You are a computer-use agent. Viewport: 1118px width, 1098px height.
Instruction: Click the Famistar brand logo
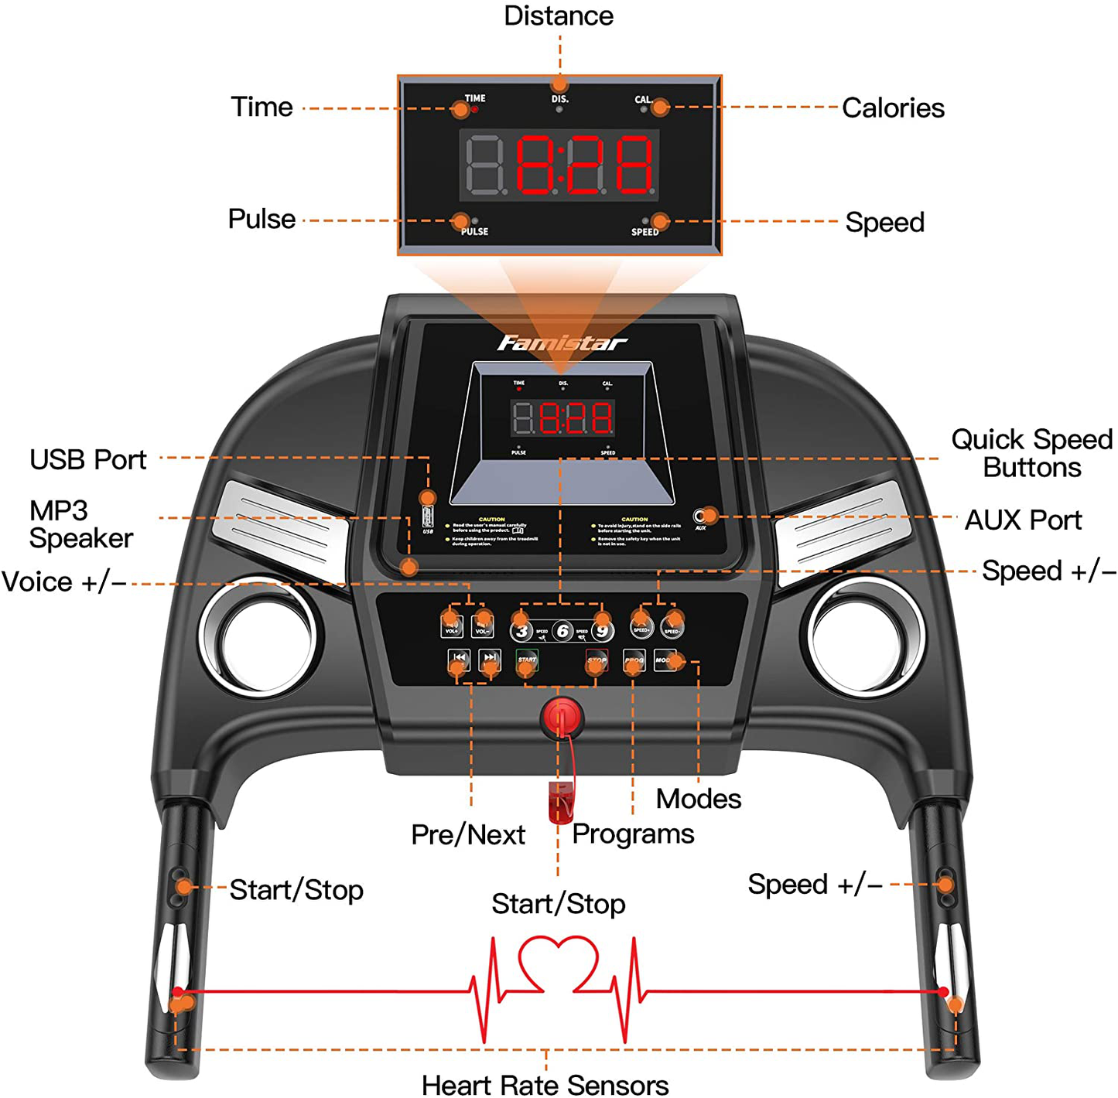561,343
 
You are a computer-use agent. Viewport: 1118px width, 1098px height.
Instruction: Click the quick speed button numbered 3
522,632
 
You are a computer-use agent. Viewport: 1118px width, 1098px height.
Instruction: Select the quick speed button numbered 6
562,632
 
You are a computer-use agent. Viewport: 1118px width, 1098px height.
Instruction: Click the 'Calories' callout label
893,108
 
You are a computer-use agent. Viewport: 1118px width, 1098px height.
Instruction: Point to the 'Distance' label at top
558,16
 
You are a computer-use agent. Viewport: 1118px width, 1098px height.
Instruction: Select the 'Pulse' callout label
262,220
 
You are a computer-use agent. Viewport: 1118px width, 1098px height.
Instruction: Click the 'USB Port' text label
88,460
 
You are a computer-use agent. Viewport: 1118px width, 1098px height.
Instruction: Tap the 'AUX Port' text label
1023,520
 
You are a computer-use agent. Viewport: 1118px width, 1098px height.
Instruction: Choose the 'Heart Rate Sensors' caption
545,1085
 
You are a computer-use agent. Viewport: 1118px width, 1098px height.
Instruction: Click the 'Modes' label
698,799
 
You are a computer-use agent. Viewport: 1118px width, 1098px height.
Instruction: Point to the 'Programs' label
633,834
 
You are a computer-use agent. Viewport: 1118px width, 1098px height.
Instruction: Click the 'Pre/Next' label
468,835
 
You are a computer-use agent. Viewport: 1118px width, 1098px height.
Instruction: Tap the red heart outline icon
558,963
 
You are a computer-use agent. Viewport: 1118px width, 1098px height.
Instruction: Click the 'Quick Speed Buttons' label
1031,453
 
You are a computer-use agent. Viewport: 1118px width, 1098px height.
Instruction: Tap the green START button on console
528,661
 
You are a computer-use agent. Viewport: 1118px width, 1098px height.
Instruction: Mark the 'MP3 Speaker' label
80,524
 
